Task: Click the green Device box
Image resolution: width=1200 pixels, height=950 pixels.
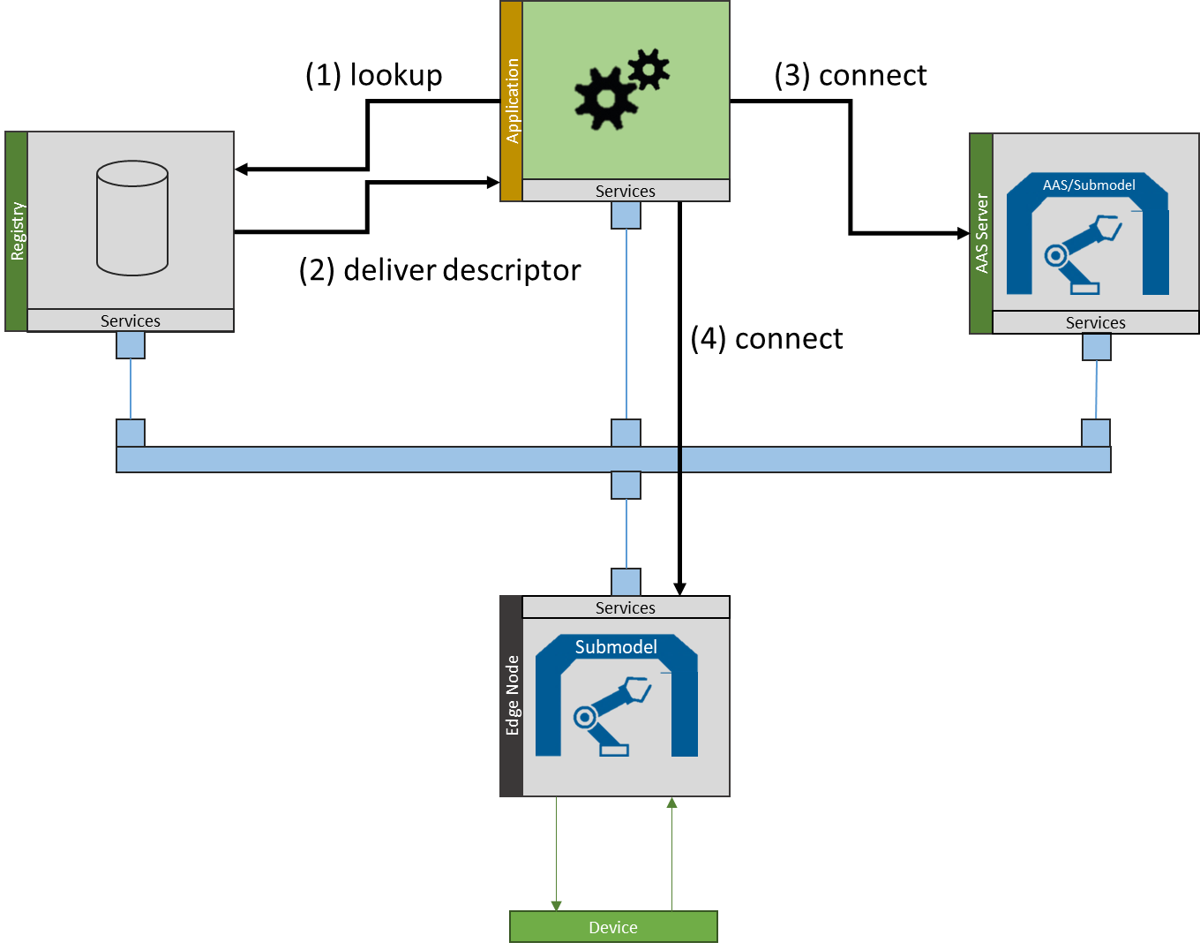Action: click(x=613, y=927)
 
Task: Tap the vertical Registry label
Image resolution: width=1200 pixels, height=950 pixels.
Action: click(x=17, y=231)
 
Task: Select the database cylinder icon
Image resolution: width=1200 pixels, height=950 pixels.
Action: click(x=132, y=218)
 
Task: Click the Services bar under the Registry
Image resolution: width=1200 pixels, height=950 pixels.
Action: click(x=131, y=320)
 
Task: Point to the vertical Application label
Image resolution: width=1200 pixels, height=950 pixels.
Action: click(x=512, y=101)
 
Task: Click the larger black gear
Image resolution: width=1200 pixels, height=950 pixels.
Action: click(x=605, y=98)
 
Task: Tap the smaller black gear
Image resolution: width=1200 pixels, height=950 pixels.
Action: click(x=649, y=69)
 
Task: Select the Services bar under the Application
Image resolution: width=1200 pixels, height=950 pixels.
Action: click(x=626, y=191)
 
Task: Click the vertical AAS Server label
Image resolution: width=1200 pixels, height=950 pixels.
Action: click(x=981, y=234)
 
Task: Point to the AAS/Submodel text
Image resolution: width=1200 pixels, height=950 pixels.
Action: click(x=1089, y=185)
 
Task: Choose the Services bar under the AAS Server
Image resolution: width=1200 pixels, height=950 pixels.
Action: click(x=1095, y=323)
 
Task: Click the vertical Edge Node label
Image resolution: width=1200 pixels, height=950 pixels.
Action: click(x=512, y=696)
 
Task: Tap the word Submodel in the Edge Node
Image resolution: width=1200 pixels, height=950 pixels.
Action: click(x=616, y=647)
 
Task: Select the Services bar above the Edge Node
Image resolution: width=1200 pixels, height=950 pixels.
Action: click(x=626, y=607)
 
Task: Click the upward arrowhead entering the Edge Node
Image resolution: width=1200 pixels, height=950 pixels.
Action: click(x=671, y=803)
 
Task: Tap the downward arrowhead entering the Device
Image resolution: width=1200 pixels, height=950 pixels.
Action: click(x=556, y=906)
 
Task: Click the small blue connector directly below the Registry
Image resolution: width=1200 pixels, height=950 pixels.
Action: click(x=131, y=345)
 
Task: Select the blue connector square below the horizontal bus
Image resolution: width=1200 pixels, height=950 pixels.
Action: click(x=626, y=485)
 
